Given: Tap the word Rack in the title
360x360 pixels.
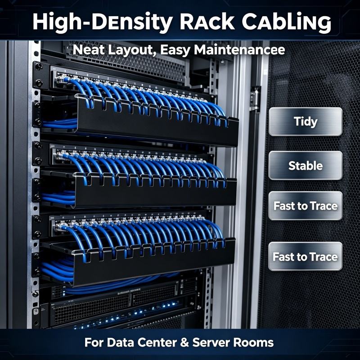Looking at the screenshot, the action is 207,22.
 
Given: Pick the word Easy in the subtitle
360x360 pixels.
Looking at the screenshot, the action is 175,50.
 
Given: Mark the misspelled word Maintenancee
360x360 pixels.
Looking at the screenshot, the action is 239,50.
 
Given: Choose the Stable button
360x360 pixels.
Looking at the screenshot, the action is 306,165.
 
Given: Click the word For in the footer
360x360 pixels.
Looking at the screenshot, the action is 94,342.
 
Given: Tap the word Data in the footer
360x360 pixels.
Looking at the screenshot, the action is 120,342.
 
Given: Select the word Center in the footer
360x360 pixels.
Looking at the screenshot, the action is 157,342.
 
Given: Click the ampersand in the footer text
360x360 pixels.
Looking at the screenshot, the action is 184,342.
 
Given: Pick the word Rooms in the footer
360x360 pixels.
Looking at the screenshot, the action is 253,342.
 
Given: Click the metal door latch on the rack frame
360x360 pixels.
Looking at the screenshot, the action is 255,99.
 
